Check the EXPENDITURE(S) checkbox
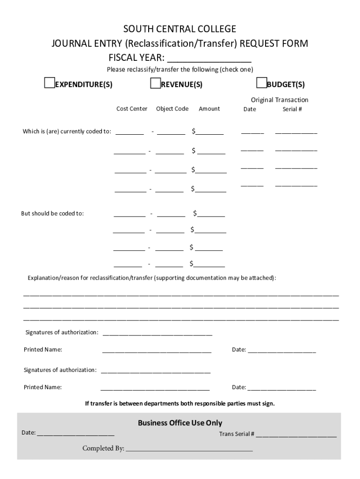point(49,83)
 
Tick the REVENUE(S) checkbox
point(155,83)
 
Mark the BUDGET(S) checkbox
point(261,83)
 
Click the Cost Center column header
point(131,109)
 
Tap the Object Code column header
point(172,109)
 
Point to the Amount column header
point(209,109)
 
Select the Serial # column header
point(292,109)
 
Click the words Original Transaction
point(280,100)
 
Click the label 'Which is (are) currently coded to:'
point(67,131)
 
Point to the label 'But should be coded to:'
point(52,214)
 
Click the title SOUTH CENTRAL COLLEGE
point(180,29)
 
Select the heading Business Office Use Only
point(180,423)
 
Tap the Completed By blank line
point(189,449)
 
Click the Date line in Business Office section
point(76,433)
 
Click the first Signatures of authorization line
point(157,333)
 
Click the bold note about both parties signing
point(180,403)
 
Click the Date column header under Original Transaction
point(250,109)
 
